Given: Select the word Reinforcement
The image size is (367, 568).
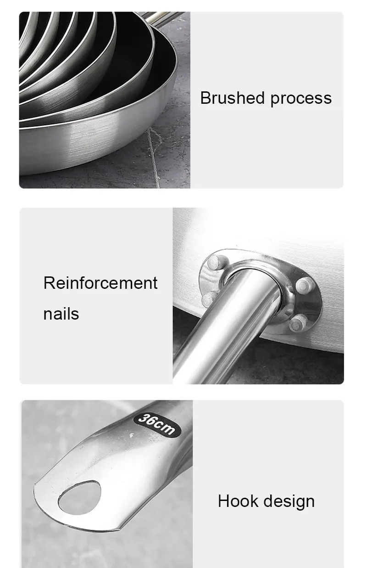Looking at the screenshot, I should coord(100,283).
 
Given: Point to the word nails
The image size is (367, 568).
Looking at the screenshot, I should coord(61,314).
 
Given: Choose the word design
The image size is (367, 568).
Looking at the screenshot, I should coord(288,501).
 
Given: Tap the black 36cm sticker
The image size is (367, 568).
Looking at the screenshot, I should coord(156,423).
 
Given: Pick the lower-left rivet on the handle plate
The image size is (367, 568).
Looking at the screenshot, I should coord(209,298).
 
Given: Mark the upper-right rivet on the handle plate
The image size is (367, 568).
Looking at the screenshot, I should coord(304,285).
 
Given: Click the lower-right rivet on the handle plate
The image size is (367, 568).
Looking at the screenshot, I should coord(299,323).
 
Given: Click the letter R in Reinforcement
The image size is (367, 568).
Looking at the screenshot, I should coord(48,283).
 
